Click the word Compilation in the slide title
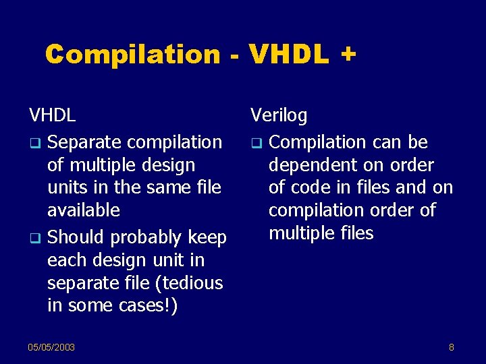click(x=133, y=54)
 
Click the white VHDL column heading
click(x=52, y=115)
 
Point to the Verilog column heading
click(x=279, y=116)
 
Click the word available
click(x=83, y=210)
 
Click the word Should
click(x=76, y=238)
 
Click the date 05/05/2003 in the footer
click(x=51, y=347)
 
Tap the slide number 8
click(x=452, y=347)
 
